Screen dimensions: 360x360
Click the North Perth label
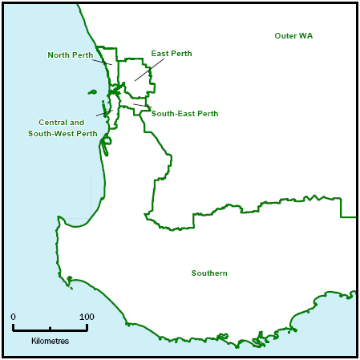click(71, 55)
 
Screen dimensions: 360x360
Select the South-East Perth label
click(184, 114)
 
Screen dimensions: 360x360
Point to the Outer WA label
click(293, 36)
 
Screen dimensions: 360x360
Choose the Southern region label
click(209, 273)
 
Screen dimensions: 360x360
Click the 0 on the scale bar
click(13, 317)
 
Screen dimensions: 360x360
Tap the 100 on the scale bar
click(87, 317)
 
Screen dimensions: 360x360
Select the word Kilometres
click(50, 341)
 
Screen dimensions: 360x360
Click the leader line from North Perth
click(102, 62)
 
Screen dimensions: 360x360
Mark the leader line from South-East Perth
click(140, 105)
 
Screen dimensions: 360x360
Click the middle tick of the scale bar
click(50, 328)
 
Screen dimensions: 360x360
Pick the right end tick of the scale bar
click(87, 327)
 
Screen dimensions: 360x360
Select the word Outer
click(286, 36)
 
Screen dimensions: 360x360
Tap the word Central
click(53, 123)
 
